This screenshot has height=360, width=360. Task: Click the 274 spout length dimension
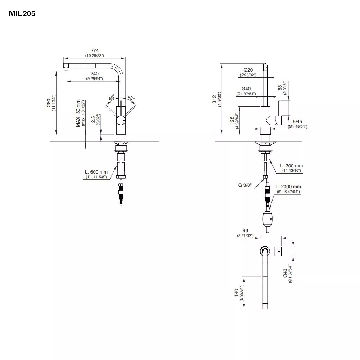[94, 51]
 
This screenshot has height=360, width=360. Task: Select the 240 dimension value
[94, 73]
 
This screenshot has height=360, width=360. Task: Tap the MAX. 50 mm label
[78, 113]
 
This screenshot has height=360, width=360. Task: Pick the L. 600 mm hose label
[96, 172]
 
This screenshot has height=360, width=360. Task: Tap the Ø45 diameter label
[297, 121]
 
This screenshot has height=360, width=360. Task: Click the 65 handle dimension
[280, 88]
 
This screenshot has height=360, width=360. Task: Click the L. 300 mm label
[291, 166]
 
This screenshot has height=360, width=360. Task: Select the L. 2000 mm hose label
[288, 187]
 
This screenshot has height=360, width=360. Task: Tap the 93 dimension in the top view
[245, 231]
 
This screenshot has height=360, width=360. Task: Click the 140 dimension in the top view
[237, 293]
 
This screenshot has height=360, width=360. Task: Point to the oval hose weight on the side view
[268, 218]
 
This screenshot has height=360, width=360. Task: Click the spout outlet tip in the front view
[66, 67]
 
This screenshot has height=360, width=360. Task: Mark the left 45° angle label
[112, 98]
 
